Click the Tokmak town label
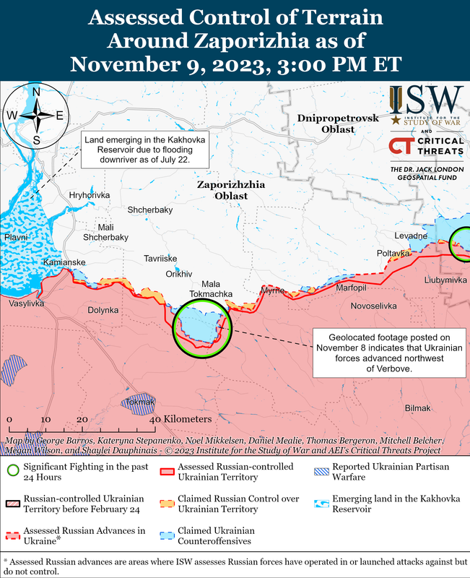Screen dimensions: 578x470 point(141,401)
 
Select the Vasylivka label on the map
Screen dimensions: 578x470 point(26,303)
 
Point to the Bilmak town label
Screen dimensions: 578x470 point(417,408)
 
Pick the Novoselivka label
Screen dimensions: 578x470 point(373,306)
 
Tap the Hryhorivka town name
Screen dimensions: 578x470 point(89,196)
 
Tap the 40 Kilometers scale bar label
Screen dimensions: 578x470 point(180,419)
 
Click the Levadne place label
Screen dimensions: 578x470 point(411,236)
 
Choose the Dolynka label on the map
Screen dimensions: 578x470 point(103,310)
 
